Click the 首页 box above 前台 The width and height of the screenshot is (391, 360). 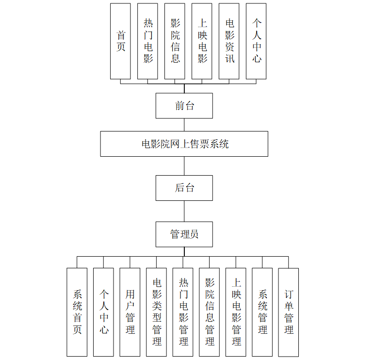point(120,41)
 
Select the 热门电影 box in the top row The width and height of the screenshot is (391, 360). point(147,41)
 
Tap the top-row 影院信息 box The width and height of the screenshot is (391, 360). point(175,41)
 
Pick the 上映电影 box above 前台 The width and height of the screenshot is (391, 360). point(202,41)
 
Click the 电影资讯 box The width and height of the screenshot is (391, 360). point(229,41)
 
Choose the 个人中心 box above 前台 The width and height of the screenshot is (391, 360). point(256,41)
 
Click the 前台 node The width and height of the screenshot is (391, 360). point(184,106)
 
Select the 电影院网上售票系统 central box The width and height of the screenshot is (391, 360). point(184,144)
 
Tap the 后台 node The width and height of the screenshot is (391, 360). point(184,188)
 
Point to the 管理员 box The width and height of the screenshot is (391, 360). point(184,234)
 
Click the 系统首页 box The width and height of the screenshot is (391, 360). point(77,312)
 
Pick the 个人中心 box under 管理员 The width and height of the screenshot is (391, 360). point(103,312)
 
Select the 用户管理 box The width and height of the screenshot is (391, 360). point(130,312)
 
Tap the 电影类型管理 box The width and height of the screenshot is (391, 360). point(156,312)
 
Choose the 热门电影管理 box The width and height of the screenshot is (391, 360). point(183,312)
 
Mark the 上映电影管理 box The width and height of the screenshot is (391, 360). point(236,312)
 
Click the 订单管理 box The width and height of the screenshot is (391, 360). point(289,312)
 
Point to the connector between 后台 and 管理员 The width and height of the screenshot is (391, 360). point(184,211)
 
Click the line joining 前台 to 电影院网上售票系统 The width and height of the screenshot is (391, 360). point(184,125)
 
